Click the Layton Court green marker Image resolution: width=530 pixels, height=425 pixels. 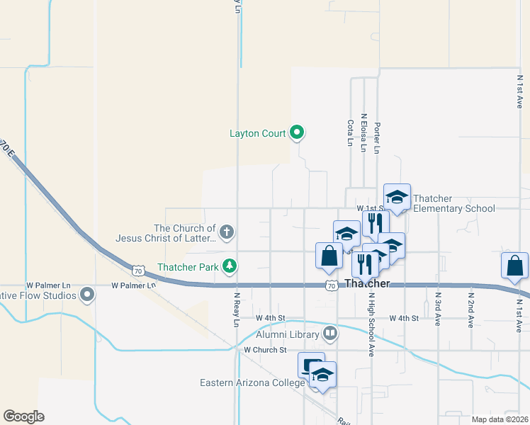click(298, 132)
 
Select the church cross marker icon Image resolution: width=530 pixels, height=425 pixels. click(227, 232)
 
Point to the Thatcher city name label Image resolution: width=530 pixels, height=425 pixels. click(367, 283)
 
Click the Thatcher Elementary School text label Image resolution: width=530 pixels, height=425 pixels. click(453, 203)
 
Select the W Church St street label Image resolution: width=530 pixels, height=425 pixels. click(264, 350)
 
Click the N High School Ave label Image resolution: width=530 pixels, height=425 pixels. click(371, 325)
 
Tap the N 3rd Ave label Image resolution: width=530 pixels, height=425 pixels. click(439, 310)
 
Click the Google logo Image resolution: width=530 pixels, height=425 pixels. click(23, 416)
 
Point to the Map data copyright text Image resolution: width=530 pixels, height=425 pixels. click(500, 419)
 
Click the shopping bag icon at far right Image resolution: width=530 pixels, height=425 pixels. click(514, 266)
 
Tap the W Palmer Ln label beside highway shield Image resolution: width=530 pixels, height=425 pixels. click(132, 285)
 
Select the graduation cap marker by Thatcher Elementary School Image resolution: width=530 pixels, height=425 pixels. click(397, 198)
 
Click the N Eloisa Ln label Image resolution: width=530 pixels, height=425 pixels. click(363, 133)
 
